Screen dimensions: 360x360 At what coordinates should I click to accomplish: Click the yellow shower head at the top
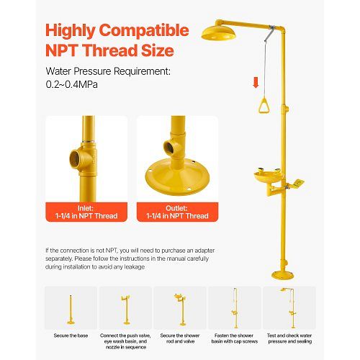click(218, 33)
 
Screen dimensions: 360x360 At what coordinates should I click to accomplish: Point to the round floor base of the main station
click(282, 275)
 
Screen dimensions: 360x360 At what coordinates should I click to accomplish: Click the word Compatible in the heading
click(144, 30)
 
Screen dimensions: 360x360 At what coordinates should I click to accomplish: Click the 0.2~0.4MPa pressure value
click(72, 84)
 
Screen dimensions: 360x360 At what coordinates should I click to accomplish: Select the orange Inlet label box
click(86, 212)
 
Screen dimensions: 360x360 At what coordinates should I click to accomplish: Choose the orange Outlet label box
click(177, 212)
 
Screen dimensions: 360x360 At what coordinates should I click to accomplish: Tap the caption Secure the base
click(71, 336)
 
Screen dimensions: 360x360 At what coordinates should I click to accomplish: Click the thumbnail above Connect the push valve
click(125, 308)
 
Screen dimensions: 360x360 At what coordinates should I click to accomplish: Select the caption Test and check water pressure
click(289, 338)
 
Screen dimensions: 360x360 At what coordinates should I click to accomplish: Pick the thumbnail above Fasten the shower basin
click(235, 308)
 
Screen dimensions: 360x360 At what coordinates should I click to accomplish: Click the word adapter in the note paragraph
click(204, 251)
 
